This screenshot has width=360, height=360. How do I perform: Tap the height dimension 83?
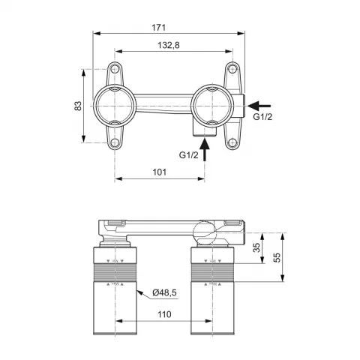pyautogui.click(x=76, y=106)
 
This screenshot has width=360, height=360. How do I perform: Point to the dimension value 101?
pyautogui.click(x=159, y=171)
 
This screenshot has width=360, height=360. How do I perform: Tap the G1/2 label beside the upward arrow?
pyautogui.click(x=189, y=154)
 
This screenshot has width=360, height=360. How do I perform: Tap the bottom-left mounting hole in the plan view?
pyautogui.click(x=115, y=141)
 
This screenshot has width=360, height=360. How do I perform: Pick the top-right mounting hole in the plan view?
pyautogui.click(x=231, y=71)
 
